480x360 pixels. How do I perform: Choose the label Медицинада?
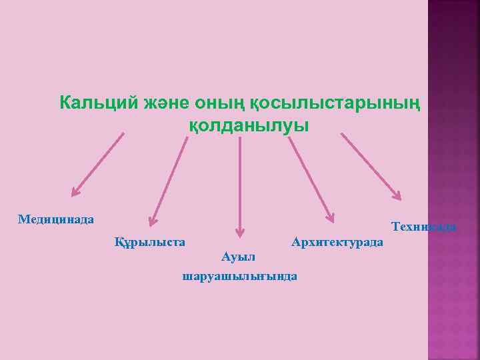coord(56,219)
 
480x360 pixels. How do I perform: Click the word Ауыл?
coord(239,257)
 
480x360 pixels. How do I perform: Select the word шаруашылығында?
coord(240,275)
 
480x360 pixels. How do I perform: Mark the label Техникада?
coord(424,227)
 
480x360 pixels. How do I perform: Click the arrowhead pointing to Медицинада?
coord(75,191)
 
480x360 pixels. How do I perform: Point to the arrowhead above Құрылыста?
coord(153,220)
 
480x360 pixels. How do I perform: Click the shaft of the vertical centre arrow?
coord(240,180)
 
